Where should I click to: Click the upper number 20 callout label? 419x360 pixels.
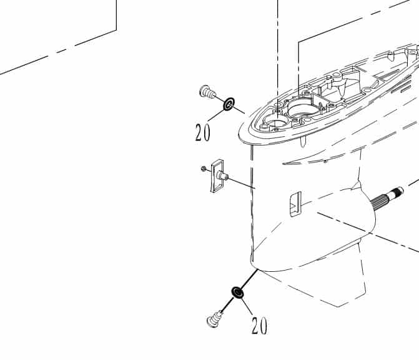click(202, 132)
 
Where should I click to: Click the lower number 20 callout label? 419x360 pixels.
click(259, 325)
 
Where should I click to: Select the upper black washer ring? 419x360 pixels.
click(229, 103)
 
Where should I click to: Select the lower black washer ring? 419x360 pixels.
click(237, 292)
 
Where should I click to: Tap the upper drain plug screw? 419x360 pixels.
click(207, 92)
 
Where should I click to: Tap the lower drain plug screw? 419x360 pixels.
click(215, 319)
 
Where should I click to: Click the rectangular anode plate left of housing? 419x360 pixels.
click(217, 176)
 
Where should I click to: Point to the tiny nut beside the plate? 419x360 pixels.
click(204, 168)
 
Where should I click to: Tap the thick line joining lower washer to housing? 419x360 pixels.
click(248, 280)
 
